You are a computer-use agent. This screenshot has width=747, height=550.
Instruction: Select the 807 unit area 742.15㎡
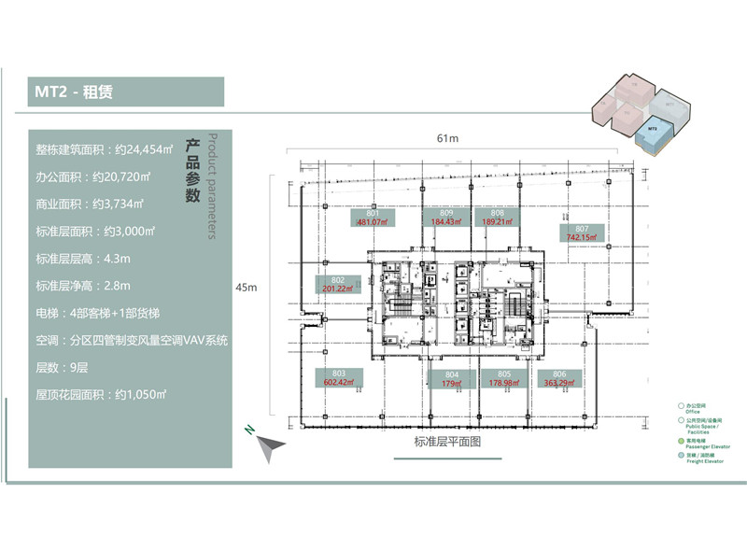pos(581,233)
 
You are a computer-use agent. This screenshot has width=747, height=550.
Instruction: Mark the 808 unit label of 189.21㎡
pos(493,218)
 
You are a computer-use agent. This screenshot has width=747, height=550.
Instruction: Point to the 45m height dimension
pos(247,288)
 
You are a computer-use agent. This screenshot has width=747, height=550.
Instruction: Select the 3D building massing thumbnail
pos(645,116)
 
